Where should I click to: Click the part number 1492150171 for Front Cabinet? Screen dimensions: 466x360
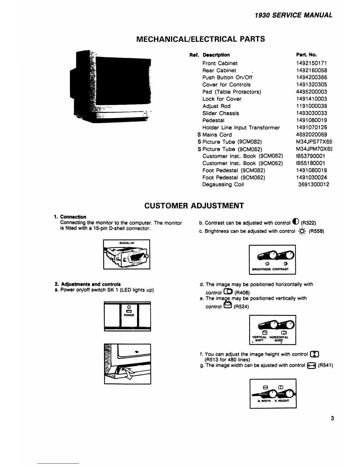point(311,63)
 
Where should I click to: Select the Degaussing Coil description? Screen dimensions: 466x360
point(223,184)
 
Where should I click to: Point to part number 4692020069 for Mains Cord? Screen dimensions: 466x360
point(311,135)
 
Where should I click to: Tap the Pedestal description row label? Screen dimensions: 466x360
point(213,120)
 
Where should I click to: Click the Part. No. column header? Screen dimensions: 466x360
point(306,55)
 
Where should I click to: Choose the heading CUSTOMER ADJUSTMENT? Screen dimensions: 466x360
point(194,205)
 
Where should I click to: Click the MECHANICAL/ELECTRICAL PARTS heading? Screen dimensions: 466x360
point(201,39)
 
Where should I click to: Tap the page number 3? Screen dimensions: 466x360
point(332,418)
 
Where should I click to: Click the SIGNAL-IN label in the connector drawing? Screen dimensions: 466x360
point(127,243)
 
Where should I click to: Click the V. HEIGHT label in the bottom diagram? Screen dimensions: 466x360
point(282,401)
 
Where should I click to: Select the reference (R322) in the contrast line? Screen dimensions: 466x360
point(309,223)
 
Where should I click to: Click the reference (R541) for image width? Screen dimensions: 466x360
point(325,365)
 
